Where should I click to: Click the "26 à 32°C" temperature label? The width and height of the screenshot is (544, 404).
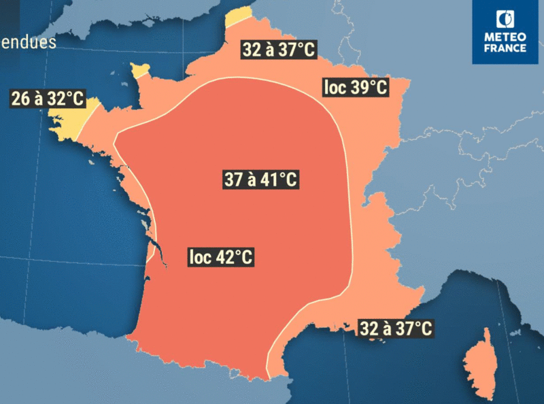tap(47, 99)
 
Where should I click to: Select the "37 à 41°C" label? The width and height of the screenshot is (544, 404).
tap(261, 180)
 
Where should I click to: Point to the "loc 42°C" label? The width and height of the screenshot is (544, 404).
tap(221, 257)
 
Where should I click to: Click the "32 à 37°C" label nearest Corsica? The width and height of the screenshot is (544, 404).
tap(396, 329)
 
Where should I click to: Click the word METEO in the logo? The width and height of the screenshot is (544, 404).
tap(505, 37)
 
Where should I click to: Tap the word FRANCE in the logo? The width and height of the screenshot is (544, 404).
tap(505, 48)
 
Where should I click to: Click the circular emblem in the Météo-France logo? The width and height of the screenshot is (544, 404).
tap(505, 19)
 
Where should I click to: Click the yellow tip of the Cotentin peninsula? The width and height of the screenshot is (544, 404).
tap(140, 69)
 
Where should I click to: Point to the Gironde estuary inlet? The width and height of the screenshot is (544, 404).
tap(160, 253)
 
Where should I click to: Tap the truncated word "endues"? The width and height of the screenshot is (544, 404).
tap(28, 42)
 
